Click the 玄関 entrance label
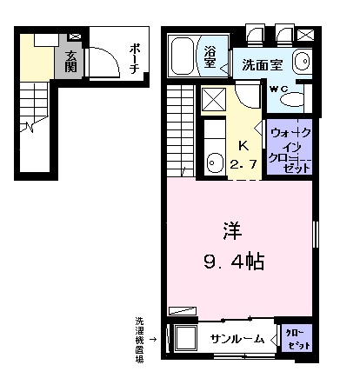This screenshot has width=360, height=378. pyautogui.click(x=70, y=64)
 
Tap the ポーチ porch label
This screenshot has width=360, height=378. pyautogui.click(x=137, y=57)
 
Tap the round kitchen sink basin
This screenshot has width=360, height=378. pyautogui.click(x=214, y=161)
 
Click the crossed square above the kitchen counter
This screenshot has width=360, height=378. pyautogui.click(x=214, y=98)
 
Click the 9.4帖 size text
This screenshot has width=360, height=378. pyautogui.click(x=237, y=260)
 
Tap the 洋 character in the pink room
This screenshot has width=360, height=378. pyautogui.click(x=232, y=231)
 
